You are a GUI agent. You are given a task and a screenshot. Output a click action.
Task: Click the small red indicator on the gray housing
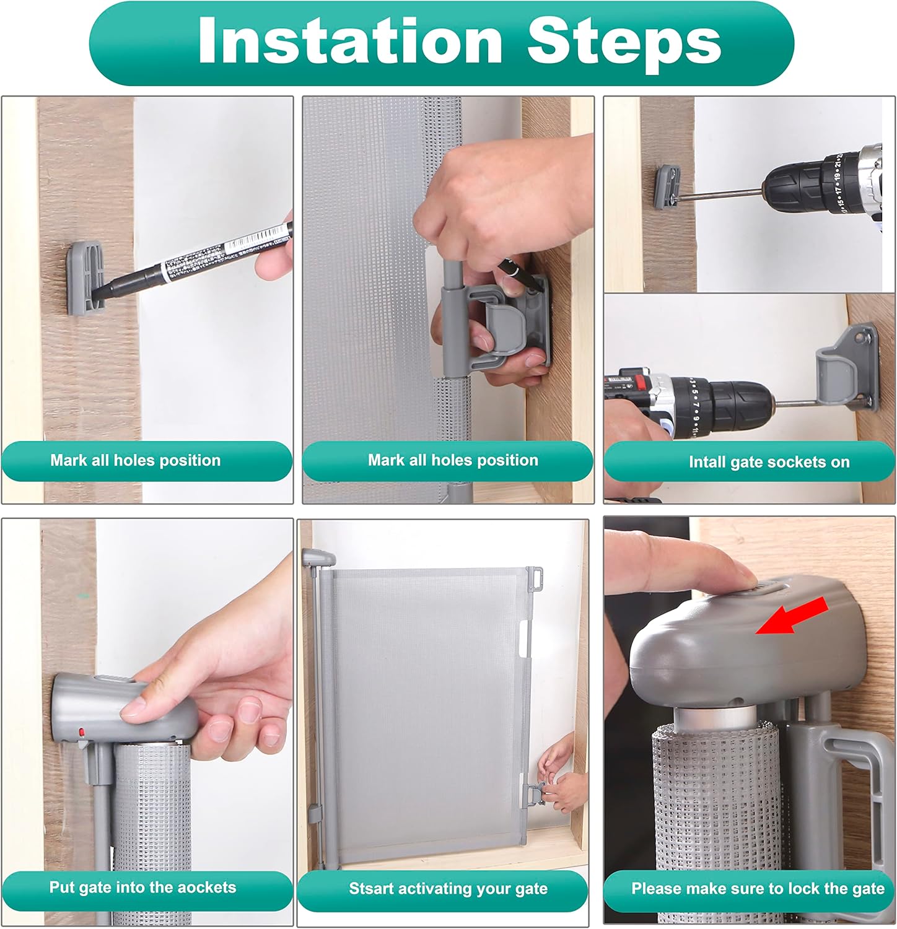tap(82, 733)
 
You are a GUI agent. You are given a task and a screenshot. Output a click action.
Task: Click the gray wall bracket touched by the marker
tap(85, 276)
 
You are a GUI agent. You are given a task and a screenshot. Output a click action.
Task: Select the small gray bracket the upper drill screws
tap(668, 186)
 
